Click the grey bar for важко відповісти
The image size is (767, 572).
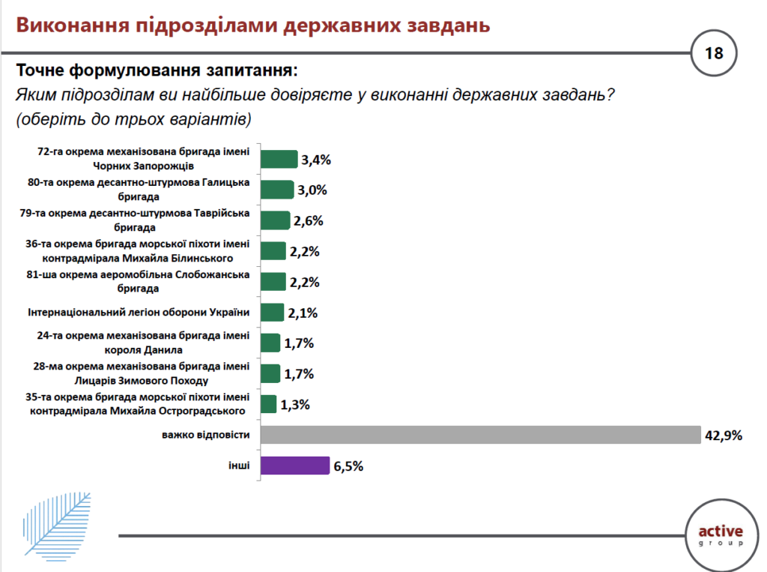[479, 435]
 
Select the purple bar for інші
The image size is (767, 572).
[295, 466]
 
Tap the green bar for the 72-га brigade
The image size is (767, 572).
[279, 159]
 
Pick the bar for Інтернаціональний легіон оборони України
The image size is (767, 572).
[273, 312]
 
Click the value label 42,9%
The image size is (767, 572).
[723, 435]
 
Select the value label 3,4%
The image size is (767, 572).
[315, 160]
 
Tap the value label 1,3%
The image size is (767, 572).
[294, 405]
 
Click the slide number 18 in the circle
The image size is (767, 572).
[713, 53]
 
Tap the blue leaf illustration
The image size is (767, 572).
[57, 522]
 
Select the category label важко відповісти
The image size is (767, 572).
[204, 435]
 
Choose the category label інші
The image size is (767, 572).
[239, 466]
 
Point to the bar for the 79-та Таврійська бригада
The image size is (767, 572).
[275, 220]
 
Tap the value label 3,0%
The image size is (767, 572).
[312, 190]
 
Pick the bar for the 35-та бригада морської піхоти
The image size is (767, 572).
[268, 405]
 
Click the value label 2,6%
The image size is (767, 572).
[308, 221]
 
